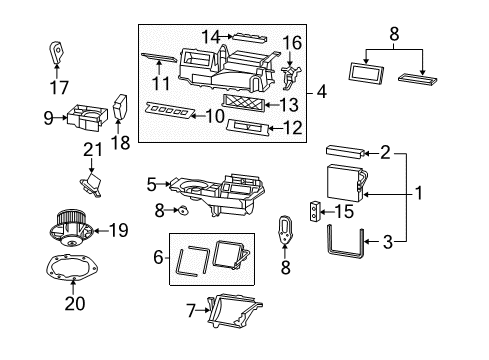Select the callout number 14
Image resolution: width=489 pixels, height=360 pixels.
pos(207,37)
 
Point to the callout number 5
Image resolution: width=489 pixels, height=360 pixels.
pos(152,184)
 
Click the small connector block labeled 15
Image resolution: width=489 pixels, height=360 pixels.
pos(317,211)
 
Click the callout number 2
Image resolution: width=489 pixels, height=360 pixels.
pos(384,153)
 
